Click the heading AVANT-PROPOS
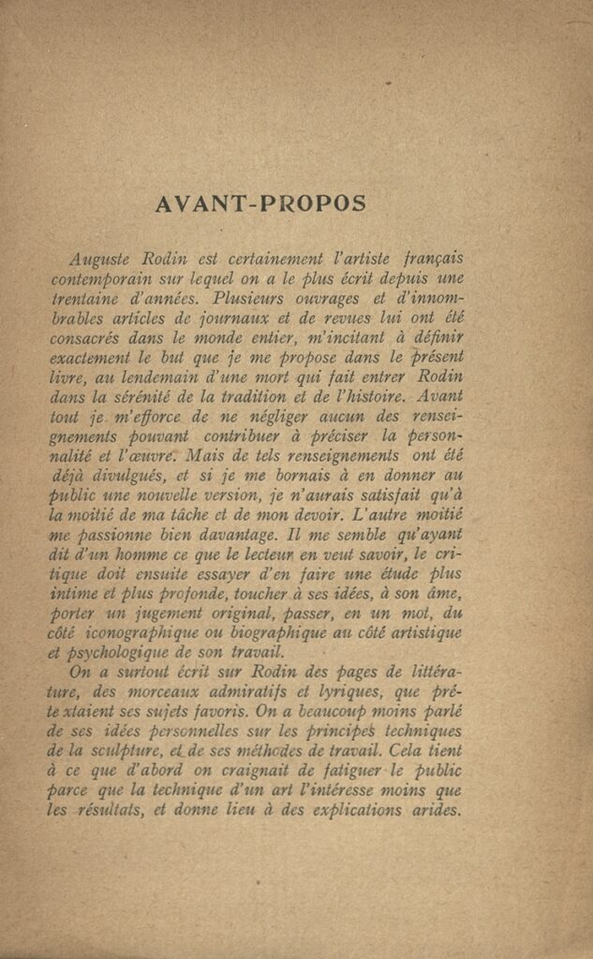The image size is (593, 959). pyautogui.click(x=259, y=203)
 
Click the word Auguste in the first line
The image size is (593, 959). pyautogui.click(x=101, y=258)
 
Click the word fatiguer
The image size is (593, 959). pyautogui.click(x=334, y=772)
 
